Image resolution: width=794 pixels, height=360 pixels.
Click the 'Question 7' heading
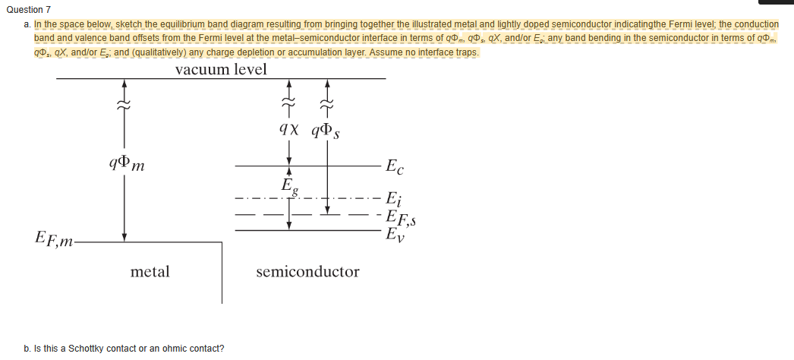(x=28, y=9)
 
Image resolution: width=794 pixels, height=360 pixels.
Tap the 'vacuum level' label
(x=221, y=69)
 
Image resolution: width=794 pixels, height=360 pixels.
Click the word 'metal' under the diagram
(x=150, y=271)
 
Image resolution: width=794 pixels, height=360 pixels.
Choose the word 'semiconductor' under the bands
(x=307, y=271)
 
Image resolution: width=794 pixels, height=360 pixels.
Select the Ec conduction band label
(x=395, y=166)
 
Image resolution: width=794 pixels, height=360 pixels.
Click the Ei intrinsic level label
(x=393, y=200)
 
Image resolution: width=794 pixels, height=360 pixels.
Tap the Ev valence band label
(x=395, y=233)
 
